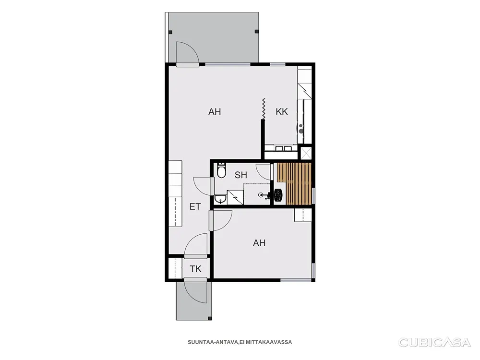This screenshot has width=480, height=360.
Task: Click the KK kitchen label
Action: (x=282, y=111)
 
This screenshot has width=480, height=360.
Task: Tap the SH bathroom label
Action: (x=240, y=175)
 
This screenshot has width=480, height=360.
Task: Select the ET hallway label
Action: (x=195, y=206)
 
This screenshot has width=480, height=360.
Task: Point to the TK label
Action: (x=196, y=269)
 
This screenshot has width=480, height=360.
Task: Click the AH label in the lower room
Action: (x=259, y=243)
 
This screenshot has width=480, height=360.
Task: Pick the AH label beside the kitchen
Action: (x=214, y=112)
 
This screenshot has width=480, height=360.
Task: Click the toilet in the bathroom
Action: (x=221, y=171)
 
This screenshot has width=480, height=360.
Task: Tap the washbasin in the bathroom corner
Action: (x=220, y=200)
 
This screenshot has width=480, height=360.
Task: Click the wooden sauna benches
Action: (x=294, y=183)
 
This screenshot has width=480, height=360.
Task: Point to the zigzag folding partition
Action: (x=263, y=108)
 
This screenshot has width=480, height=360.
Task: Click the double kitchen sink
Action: (x=284, y=149)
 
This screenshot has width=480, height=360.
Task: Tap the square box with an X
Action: (x=306, y=153)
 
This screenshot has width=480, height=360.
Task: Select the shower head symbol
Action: (x=261, y=194)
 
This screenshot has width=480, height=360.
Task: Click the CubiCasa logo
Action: (x=434, y=342)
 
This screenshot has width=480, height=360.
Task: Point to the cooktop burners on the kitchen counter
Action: (x=301, y=128)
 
